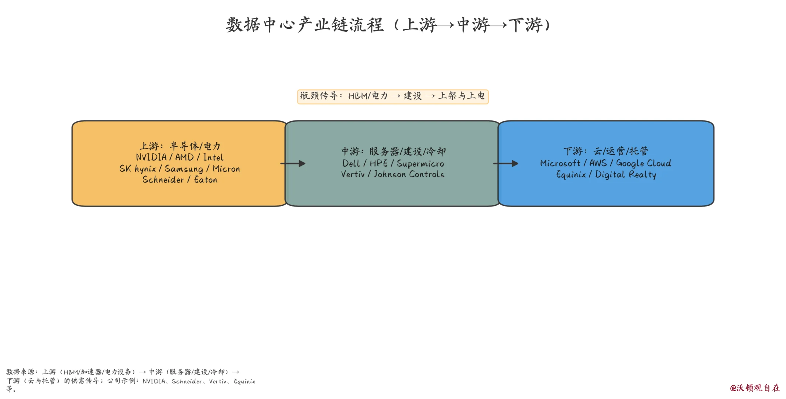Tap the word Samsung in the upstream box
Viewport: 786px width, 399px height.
coord(184,169)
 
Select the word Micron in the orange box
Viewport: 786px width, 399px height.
coord(226,169)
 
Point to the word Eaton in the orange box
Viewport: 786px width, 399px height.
coord(206,180)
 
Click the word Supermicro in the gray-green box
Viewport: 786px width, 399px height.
coord(420,164)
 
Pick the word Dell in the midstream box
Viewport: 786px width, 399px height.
coord(350,163)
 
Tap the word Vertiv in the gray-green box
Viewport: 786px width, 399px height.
coord(353,174)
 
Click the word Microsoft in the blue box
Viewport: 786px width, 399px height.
coord(560,163)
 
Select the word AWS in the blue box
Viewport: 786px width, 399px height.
coord(598,163)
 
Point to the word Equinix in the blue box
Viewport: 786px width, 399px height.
coord(571,175)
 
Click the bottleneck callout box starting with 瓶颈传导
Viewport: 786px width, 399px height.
coord(393,96)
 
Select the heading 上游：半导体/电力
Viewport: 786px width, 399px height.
coord(180,146)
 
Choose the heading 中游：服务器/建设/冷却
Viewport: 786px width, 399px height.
coord(393,151)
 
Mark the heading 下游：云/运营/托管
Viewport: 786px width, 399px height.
coord(606,151)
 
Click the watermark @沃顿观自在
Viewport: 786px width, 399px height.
coord(755,388)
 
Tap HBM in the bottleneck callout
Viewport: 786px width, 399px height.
coord(357,96)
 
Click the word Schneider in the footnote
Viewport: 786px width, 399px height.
coord(187,381)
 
